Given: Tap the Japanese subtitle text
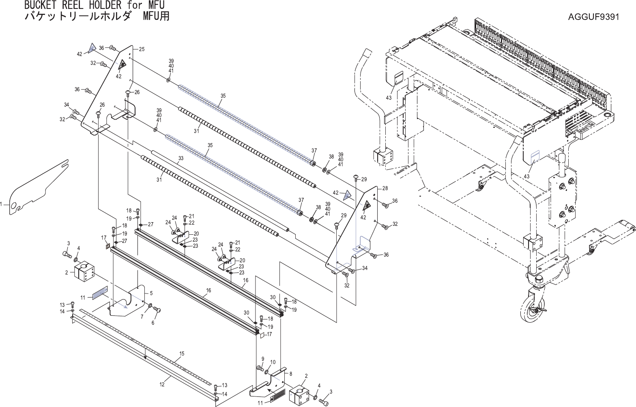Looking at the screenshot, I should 97,17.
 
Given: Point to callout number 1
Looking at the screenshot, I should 2,205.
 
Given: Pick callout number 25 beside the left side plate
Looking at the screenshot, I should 142,49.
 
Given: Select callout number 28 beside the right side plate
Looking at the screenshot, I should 385,189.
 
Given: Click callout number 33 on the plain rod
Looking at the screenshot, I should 180,158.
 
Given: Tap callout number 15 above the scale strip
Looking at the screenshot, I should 182,354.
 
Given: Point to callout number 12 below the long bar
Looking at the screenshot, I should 162,384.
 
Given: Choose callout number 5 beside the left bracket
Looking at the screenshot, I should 151,293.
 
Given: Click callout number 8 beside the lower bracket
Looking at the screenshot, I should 290,372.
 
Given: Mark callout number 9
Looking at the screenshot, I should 262,359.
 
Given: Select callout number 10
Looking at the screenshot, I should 273,362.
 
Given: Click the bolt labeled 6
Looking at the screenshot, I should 158,311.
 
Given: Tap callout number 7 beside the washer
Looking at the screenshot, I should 142,317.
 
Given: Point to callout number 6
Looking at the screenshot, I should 153,323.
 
